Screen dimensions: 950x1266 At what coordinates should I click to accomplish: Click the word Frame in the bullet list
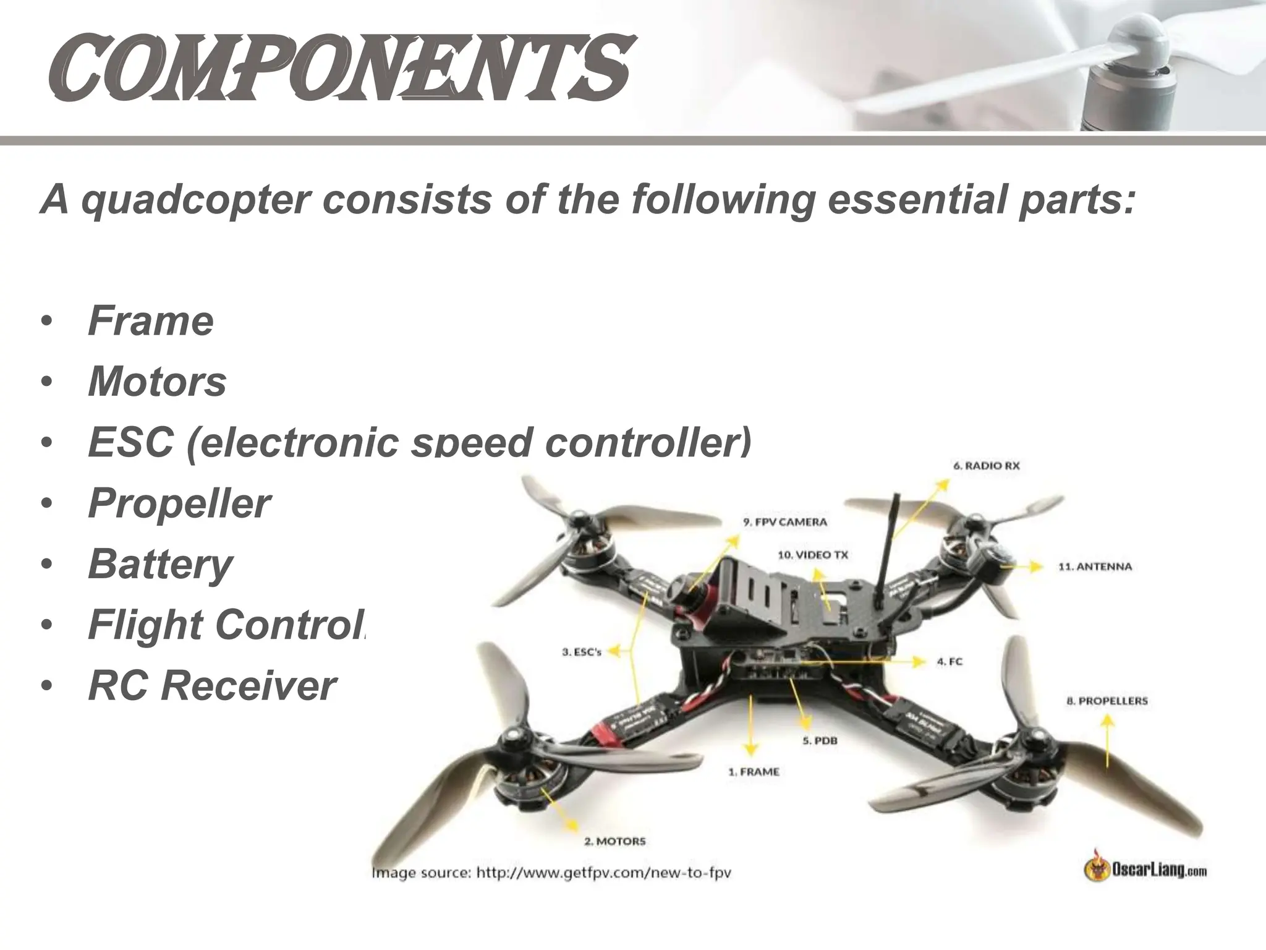[151, 321]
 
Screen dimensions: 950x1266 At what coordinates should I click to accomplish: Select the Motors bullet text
[157, 382]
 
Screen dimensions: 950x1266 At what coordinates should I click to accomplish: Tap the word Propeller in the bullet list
[179, 503]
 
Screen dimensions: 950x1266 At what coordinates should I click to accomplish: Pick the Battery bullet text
[160, 564]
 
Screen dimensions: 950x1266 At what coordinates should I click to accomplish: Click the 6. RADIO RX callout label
[986, 466]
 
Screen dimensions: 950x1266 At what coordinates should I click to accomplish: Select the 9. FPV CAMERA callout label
[784, 522]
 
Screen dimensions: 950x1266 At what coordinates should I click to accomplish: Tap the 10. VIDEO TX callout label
[812, 555]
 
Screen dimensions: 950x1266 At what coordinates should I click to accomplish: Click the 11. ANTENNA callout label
[1095, 567]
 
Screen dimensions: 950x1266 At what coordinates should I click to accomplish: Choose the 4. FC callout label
[949, 662]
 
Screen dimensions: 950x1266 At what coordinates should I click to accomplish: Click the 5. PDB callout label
[820, 740]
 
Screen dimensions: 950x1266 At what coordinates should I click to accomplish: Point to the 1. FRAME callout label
[753, 772]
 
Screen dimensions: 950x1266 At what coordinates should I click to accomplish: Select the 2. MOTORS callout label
[614, 841]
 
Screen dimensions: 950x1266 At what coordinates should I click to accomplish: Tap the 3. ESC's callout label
[581, 652]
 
